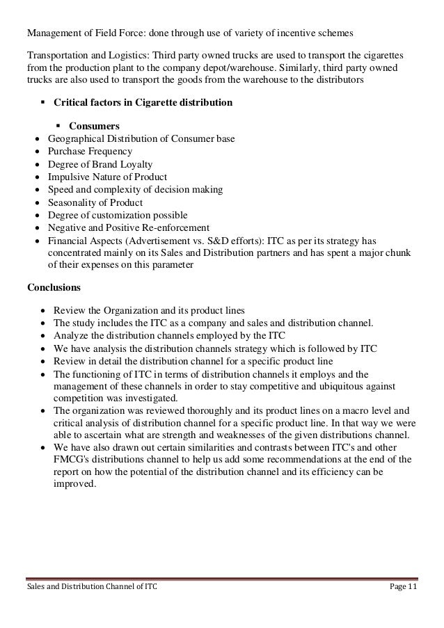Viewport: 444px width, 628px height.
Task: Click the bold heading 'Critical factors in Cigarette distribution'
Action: (143, 103)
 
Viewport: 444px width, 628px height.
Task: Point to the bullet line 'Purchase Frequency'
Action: (90, 152)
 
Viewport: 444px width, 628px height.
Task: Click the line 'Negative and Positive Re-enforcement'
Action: (128, 227)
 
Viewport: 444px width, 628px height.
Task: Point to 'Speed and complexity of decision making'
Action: (135, 190)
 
